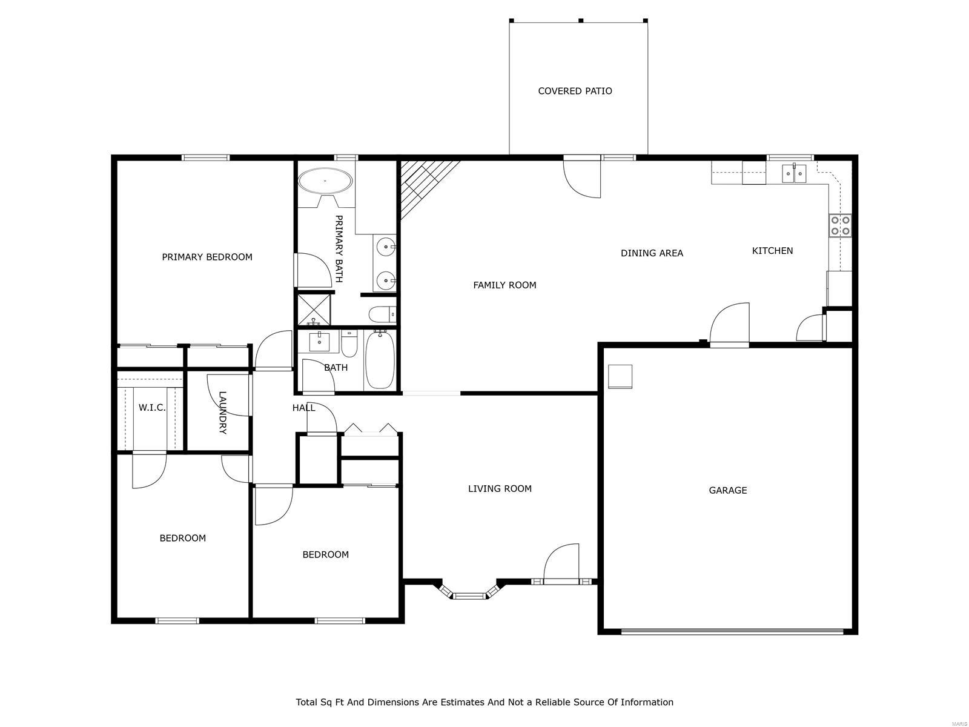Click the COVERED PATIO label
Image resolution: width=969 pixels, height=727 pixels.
pos(575,91)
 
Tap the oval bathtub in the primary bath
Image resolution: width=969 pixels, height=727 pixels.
pos(326,181)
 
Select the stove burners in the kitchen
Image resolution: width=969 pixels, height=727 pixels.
pos(840,225)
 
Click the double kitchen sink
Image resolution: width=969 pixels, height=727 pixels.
pos(793,174)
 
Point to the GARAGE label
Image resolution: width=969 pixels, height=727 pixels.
pos(727,490)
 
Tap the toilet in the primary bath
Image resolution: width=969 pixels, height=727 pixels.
pos(381,314)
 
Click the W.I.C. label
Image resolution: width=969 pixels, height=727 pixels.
pos(151,408)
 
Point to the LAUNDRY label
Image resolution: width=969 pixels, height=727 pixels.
pos(222,413)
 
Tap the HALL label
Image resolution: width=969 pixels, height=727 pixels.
pos(303,408)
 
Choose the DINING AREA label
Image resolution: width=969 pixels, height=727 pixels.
pos(652,253)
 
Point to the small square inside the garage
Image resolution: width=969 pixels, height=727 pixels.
pos(620,376)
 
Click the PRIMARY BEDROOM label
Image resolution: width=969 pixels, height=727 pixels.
pos(207,257)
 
